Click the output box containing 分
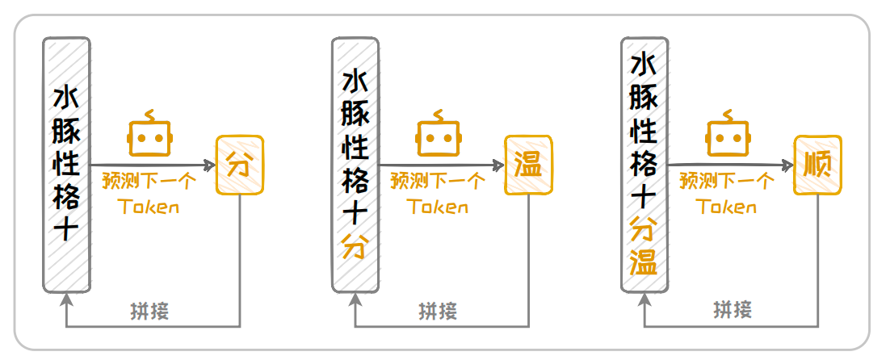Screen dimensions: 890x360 (240, 166)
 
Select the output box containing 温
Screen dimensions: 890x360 (528, 166)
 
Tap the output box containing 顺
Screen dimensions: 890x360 (817, 166)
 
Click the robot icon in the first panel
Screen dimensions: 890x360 (149, 135)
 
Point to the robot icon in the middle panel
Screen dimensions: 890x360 (438, 135)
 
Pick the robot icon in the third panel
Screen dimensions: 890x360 (727, 135)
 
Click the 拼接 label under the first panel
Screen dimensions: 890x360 (149, 312)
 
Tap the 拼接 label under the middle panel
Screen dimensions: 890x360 (438, 312)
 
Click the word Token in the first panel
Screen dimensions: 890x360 (149, 207)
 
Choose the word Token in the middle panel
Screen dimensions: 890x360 (438, 207)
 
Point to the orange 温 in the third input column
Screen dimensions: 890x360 (644, 262)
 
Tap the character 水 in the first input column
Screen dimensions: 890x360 (66, 97)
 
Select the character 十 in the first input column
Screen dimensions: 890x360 (66, 231)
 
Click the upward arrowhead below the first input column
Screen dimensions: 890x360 (66, 299)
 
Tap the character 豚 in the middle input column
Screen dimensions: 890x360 (355, 114)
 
